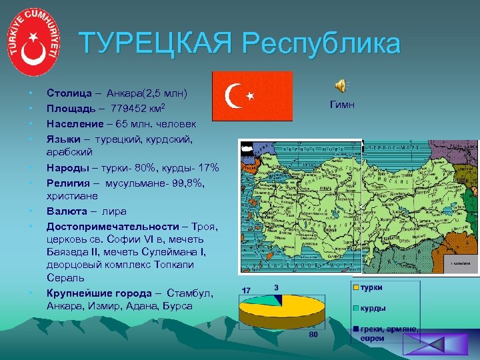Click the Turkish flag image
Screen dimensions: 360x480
[x=252, y=96]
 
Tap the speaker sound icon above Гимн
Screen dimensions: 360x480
[x=340, y=85]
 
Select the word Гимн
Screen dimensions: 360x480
[x=343, y=105]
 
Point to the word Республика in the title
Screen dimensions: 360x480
[x=321, y=45]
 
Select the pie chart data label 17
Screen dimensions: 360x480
[x=247, y=291]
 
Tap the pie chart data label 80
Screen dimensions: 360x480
[x=313, y=334]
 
